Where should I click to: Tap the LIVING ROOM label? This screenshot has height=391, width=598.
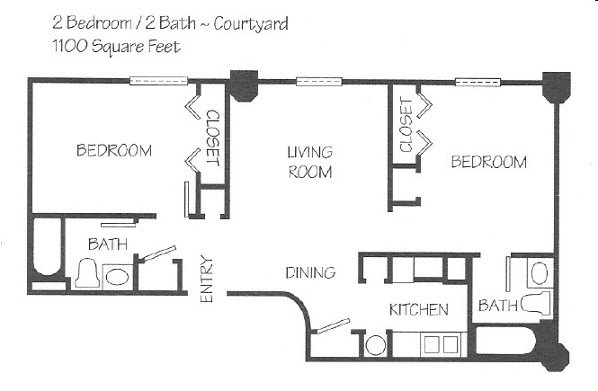310,162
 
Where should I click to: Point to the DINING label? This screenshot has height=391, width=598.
310,272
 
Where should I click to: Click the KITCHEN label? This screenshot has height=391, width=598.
418,310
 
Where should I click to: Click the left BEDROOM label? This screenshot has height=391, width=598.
113,150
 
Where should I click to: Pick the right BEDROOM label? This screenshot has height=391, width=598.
488,162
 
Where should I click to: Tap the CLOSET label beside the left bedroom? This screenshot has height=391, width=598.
213,138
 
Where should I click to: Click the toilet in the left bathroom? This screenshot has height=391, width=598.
88,273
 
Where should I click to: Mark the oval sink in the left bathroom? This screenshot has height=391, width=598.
117,275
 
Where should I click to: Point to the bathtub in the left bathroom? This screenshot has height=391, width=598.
45,253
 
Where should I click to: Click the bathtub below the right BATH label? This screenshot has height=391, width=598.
508,341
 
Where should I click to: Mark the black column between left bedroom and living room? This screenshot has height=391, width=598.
242,84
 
